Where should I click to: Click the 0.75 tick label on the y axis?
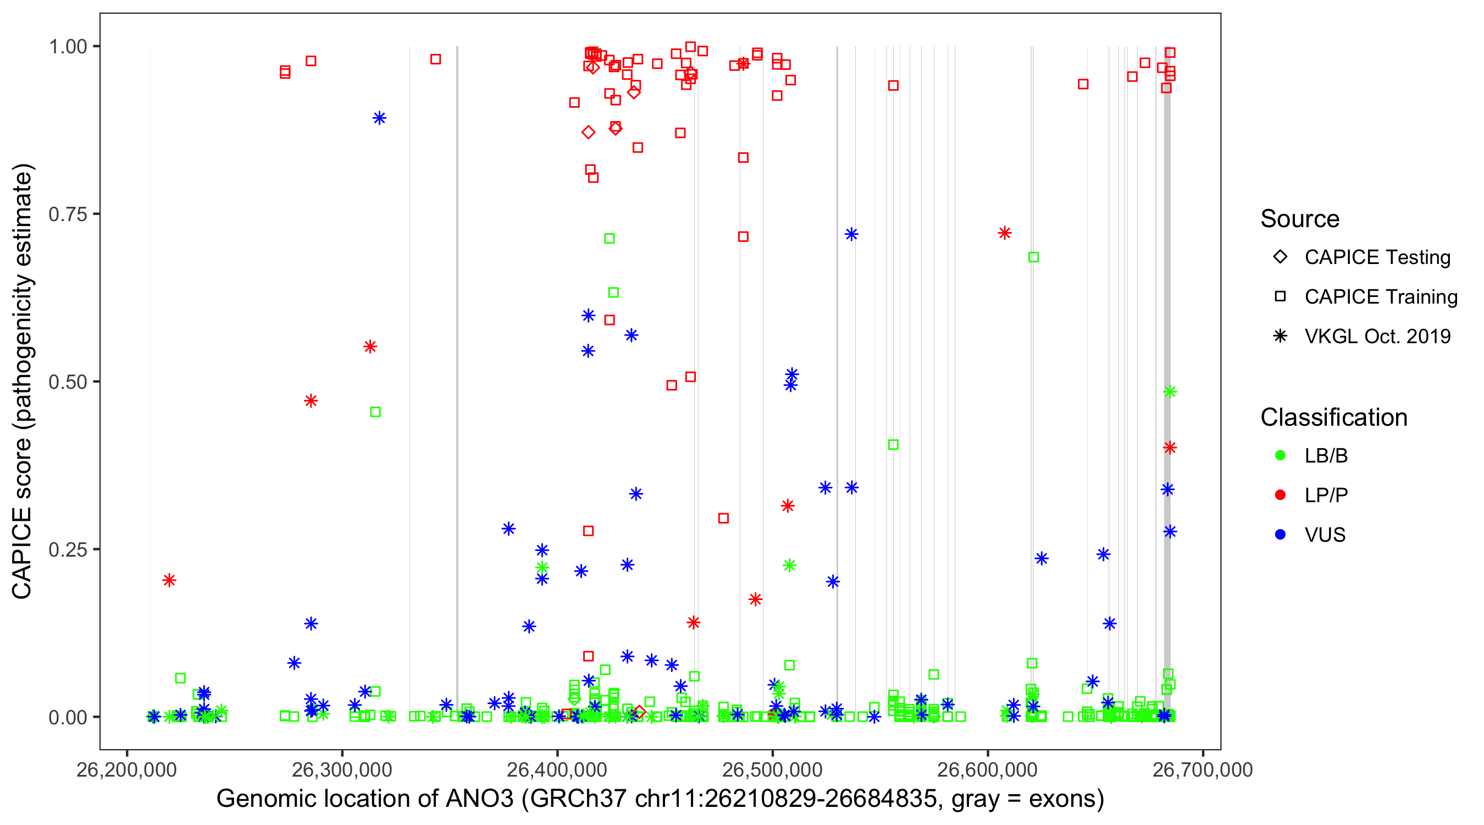pos(67,215)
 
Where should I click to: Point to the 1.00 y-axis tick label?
pos(67,47)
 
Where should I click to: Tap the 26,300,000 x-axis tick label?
pos(342,770)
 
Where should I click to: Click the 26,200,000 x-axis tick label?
pos(127,770)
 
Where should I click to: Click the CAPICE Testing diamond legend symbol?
pos(1280,257)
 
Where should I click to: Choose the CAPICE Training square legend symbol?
pos(1280,297)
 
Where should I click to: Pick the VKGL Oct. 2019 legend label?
pos(1377,337)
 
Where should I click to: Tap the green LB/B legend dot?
pos(1280,456)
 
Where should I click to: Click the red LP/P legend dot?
pos(1280,495)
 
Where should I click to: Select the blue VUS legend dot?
pos(1280,535)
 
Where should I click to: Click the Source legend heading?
pos(1300,219)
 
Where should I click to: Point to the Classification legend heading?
pos(1333,417)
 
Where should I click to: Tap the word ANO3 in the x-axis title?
pos(479,799)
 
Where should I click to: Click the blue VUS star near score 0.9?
pos(379,118)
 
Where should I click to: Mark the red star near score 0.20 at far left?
pos(169,580)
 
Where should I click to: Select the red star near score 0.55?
pos(370,346)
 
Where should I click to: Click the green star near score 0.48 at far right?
pos(1170,392)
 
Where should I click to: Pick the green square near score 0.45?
pos(375,412)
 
